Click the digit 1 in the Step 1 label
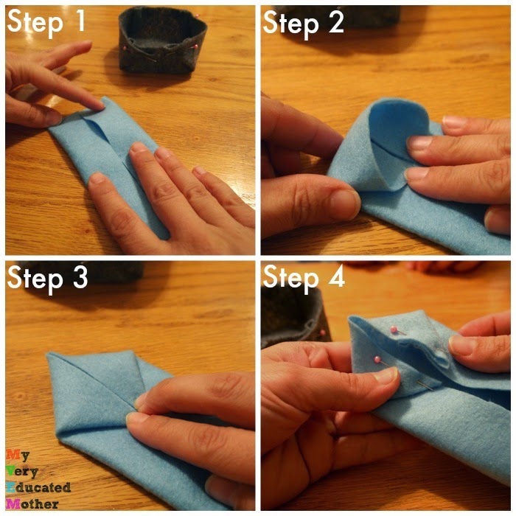pos(79,21)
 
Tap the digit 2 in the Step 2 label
pos(335,21)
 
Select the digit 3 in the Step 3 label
pos(80,277)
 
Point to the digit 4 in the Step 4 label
pos(336,276)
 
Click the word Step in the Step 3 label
pos(35,280)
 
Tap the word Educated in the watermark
pos(38,487)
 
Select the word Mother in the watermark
pos(32,503)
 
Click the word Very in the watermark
pos(21,473)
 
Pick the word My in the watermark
pos(18,456)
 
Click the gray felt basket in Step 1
pos(163,39)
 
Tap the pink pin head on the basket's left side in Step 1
pos(125,49)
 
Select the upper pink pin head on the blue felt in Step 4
pos(393,329)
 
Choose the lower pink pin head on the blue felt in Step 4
pos(377,359)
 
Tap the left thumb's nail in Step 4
pos(386,375)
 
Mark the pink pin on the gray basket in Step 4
pos(323,332)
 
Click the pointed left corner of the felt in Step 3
pos(49,355)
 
